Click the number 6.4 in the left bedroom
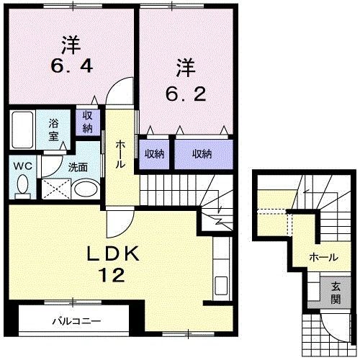[x=71, y=66]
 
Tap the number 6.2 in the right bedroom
[x=186, y=94]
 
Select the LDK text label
[x=113, y=253]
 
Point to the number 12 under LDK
[x=112, y=275]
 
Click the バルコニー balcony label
[x=77, y=321]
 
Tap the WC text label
[x=22, y=166]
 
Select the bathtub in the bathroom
[x=22, y=130]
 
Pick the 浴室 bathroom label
[x=53, y=130]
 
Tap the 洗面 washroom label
[x=78, y=168]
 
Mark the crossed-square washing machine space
[x=56, y=189]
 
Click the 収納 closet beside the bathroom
[x=88, y=122]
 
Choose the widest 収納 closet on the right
[x=204, y=154]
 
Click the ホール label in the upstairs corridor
[x=120, y=155]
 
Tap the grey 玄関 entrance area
[x=336, y=292]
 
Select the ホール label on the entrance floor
[x=323, y=258]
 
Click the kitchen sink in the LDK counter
[x=221, y=286]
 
